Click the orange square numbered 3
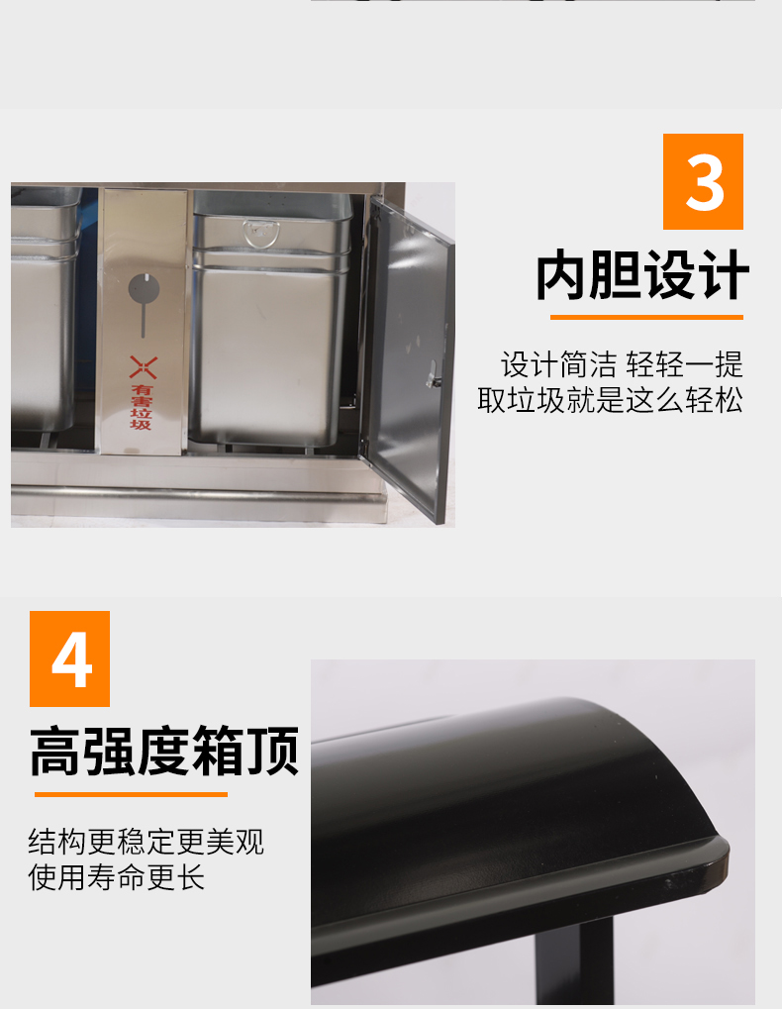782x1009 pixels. [x=703, y=181]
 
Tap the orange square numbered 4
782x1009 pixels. [x=69, y=658]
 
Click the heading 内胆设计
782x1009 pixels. [x=642, y=275]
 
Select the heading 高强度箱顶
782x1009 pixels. [x=164, y=751]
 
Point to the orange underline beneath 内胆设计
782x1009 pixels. [x=646, y=317]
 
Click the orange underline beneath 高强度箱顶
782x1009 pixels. [x=132, y=795]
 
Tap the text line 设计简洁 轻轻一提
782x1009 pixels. [x=622, y=364]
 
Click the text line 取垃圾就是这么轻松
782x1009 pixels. [x=611, y=400]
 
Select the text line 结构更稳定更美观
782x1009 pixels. [x=146, y=842]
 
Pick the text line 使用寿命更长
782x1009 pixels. [x=117, y=877]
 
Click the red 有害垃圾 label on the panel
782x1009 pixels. [x=142, y=407]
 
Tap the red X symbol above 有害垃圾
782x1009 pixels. [x=143, y=367]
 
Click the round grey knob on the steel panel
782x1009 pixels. [x=144, y=288]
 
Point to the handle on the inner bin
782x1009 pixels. [x=260, y=232]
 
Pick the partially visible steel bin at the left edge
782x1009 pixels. [x=45, y=309]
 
